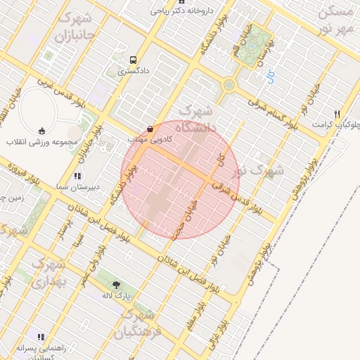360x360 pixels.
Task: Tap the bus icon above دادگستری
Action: click(134, 60)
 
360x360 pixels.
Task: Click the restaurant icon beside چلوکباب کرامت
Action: click(338, 114)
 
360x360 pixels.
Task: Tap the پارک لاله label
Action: click(116, 296)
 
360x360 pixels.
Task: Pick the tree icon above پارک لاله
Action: click(116, 285)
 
